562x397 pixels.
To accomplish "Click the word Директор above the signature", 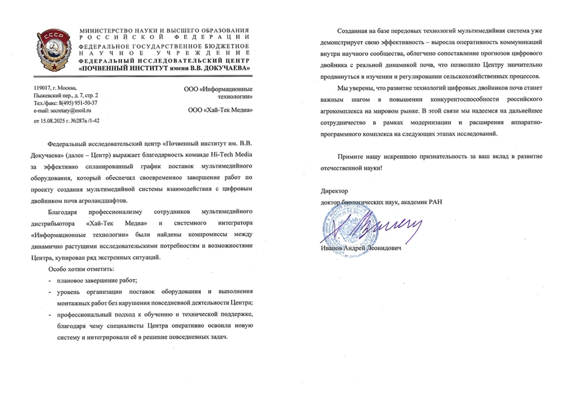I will coord(334,192).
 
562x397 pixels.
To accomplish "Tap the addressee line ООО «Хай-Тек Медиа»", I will coord(220,110).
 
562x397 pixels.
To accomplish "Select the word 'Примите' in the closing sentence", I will coord(351,157).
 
